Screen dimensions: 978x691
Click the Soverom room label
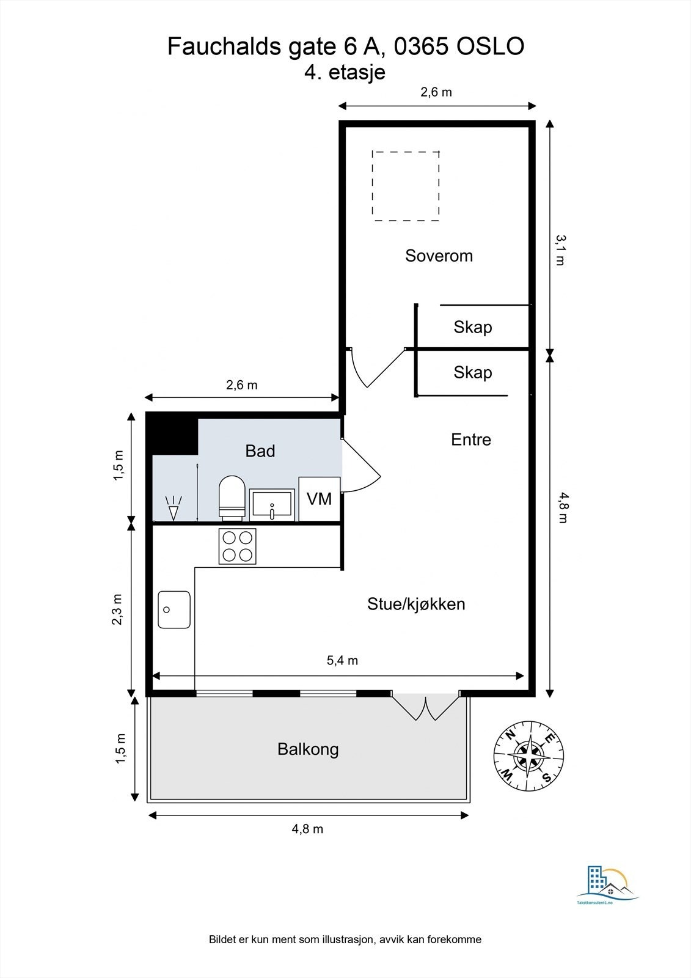439,256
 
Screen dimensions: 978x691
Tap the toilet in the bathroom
232,497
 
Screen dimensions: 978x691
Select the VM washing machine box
319,499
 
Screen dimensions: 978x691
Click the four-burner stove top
237,546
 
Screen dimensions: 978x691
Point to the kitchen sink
174,609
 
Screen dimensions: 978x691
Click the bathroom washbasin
272,505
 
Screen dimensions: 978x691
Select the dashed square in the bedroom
406,186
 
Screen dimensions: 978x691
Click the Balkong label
308,749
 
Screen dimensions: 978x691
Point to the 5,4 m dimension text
342,660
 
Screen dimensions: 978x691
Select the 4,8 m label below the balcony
307,829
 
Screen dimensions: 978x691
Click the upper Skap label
472,327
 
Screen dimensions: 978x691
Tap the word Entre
470,439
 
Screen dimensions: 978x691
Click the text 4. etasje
345,72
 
